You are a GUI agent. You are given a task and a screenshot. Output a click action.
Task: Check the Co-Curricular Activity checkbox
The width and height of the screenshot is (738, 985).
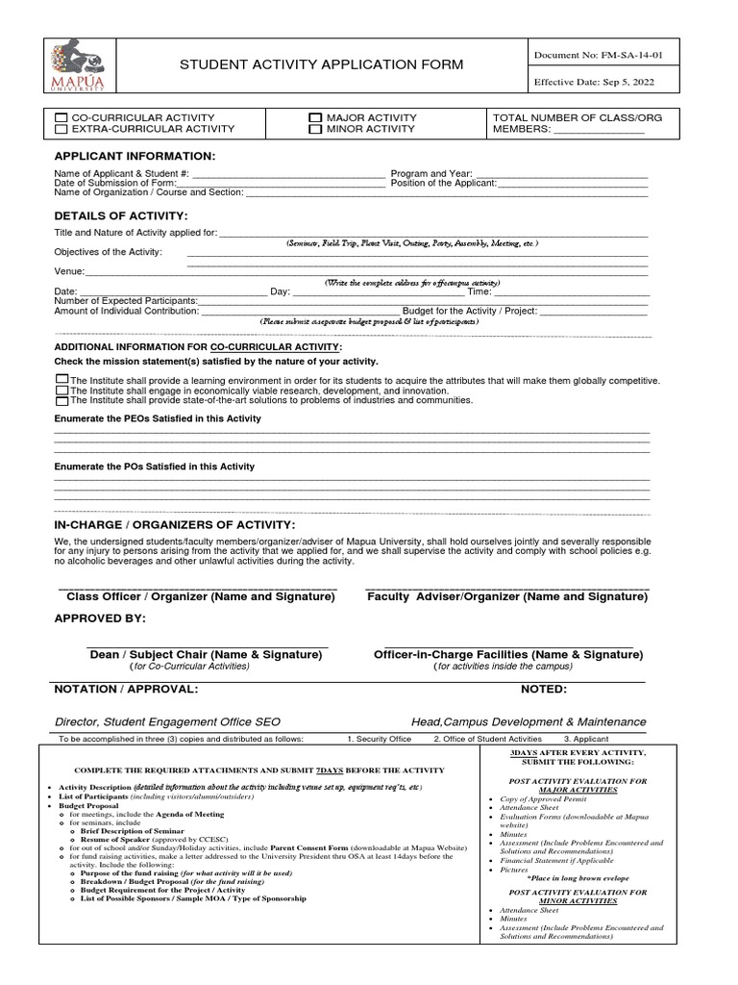61,116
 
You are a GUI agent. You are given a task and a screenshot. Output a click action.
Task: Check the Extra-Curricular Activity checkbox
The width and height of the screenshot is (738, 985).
61,128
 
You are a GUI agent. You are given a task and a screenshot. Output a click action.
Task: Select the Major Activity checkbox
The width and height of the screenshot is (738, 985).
314,116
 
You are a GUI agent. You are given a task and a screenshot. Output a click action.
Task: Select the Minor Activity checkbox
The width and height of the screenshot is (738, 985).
314,128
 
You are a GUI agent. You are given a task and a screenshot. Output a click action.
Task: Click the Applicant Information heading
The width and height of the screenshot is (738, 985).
135,156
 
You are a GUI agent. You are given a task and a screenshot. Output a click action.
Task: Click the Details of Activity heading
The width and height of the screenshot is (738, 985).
121,215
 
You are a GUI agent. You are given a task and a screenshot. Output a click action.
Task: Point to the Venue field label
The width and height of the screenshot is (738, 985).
69,271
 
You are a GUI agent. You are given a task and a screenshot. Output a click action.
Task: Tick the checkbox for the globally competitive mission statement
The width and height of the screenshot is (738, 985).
62,380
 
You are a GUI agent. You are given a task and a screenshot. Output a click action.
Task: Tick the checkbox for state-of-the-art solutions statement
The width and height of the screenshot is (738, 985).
62,400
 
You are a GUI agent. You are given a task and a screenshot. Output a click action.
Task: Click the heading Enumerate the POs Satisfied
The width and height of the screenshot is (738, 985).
155,467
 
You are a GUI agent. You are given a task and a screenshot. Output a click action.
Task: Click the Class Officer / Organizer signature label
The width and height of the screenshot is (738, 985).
200,596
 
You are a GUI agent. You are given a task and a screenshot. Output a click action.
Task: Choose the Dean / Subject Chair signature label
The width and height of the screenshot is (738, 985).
206,654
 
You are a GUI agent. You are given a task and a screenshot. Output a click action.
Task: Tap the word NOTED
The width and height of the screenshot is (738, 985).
544,689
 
